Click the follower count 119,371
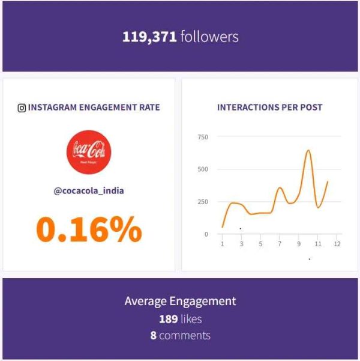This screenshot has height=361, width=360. (149, 37)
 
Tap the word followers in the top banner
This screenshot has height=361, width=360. (209, 37)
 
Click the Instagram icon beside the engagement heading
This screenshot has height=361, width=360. (22, 108)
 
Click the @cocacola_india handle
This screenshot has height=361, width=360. (89, 191)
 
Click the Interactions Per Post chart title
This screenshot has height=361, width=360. (269, 108)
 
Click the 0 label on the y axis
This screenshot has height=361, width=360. (206, 234)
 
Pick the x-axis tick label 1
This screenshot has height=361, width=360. (223, 244)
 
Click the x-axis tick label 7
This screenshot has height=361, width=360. (280, 244)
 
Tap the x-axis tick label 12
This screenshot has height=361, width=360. (337, 244)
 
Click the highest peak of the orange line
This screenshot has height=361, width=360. (308, 151)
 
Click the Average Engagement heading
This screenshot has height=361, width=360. (180, 302)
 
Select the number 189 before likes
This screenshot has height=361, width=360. (169, 319)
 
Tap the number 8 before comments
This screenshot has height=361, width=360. (154, 335)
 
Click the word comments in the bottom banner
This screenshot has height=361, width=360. (185, 335)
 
